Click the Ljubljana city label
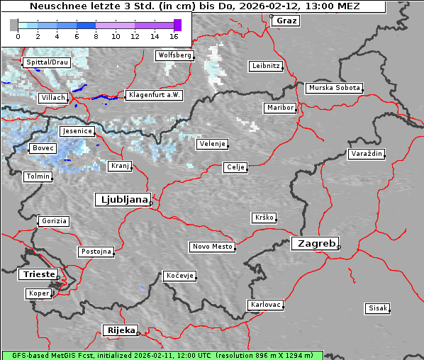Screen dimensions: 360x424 tap(122, 200)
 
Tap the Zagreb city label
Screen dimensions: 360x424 tap(314, 243)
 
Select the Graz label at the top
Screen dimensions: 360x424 tap(286, 21)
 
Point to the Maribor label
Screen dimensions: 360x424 tap(280, 108)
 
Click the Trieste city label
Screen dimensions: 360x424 tap(37, 274)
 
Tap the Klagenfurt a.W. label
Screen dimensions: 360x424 tap(154, 95)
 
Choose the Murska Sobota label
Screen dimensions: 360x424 tap(335, 89)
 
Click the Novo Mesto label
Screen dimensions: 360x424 tap(212, 247)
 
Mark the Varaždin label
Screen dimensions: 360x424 tap(367, 154)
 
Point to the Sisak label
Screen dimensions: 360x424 tap(377, 308)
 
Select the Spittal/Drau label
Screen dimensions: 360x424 tap(47, 62)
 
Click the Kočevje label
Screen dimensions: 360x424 tap(179, 276)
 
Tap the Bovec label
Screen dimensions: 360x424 tap(43, 148)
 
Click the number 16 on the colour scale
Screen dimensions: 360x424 tap(174, 36)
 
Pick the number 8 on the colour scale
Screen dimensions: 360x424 tap(96, 36)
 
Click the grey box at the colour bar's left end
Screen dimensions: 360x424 tap(14, 25)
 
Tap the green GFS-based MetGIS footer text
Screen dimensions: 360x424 tap(162, 355)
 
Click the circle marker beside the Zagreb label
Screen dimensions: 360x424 tap(339, 247)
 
